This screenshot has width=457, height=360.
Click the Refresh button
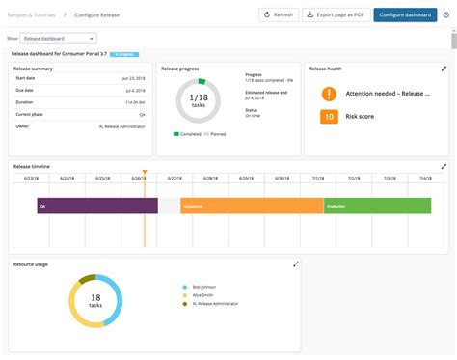[x=279, y=14]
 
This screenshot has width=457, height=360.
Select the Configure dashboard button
[x=404, y=14]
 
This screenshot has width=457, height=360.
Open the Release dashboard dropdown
[x=58, y=38]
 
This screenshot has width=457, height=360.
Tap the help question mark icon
[x=445, y=14]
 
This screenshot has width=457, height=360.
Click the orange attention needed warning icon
[x=329, y=94]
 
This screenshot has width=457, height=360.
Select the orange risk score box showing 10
[x=329, y=117]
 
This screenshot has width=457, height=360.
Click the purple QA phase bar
[x=96, y=206]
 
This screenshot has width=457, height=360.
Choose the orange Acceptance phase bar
[x=251, y=206]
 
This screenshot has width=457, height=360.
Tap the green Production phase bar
[x=377, y=206]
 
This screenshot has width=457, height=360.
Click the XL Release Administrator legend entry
[x=218, y=304]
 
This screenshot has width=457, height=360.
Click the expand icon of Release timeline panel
[x=444, y=166]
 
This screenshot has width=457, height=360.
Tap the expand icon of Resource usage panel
[x=295, y=263]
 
